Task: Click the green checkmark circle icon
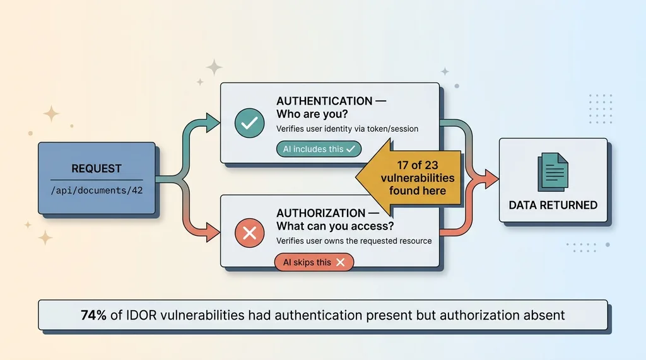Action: point(249,123)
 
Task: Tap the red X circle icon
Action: point(249,234)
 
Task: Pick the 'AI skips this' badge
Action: point(314,262)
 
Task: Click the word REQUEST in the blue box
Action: point(96,168)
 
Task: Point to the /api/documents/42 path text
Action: point(96,190)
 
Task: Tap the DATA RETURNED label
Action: point(553,205)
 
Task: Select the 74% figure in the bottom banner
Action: point(93,315)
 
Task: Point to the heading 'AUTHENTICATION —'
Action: point(331,101)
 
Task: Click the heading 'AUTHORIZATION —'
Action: point(329,213)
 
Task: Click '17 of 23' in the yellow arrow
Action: point(418,165)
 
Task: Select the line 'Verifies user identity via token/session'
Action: point(347,129)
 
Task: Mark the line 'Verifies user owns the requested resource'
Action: point(354,241)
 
